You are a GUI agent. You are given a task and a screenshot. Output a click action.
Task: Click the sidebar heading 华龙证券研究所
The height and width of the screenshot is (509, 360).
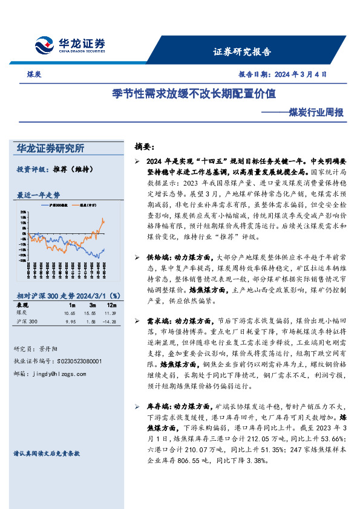coord(51,149)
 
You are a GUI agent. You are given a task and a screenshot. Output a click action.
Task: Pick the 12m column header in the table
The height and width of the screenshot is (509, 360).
coord(109,306)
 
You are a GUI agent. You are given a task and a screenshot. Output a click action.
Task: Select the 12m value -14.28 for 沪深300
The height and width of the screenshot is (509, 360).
coord(109,321)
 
